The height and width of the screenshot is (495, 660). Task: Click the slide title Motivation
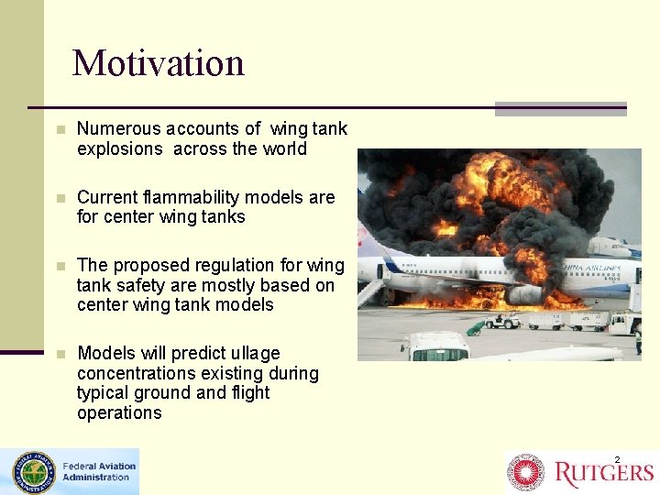[159, 63]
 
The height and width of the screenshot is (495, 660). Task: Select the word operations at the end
[119, 412]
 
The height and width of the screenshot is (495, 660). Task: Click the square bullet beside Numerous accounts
[60, 129]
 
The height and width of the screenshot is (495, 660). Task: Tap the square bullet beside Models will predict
[60, 353]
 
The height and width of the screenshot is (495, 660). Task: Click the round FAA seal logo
[33, 473]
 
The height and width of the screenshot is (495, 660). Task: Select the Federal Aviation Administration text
[98, 471]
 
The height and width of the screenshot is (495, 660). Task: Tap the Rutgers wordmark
[603, 473]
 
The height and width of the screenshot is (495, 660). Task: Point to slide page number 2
[617, 458]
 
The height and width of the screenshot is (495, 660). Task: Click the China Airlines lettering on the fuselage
[592, 269]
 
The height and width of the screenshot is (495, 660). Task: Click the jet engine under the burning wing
[524, 294]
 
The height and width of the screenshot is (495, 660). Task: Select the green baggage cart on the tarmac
[475, 327]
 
